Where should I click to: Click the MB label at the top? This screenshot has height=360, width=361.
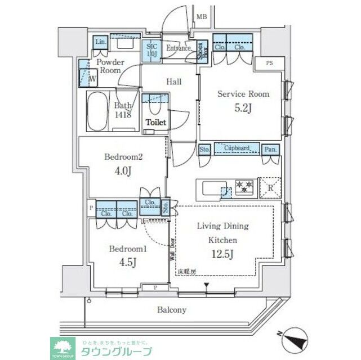201,17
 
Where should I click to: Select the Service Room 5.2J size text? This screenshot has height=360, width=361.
243,108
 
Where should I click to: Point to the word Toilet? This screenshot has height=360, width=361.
155,122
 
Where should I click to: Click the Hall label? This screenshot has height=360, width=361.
174,82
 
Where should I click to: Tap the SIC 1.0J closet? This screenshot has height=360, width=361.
151,51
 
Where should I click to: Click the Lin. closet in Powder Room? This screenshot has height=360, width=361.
101,42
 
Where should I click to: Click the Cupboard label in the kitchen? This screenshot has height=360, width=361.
237,148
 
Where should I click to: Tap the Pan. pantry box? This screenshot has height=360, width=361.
271,149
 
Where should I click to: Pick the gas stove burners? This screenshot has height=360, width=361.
244,186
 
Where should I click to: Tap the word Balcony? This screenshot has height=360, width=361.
172,309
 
